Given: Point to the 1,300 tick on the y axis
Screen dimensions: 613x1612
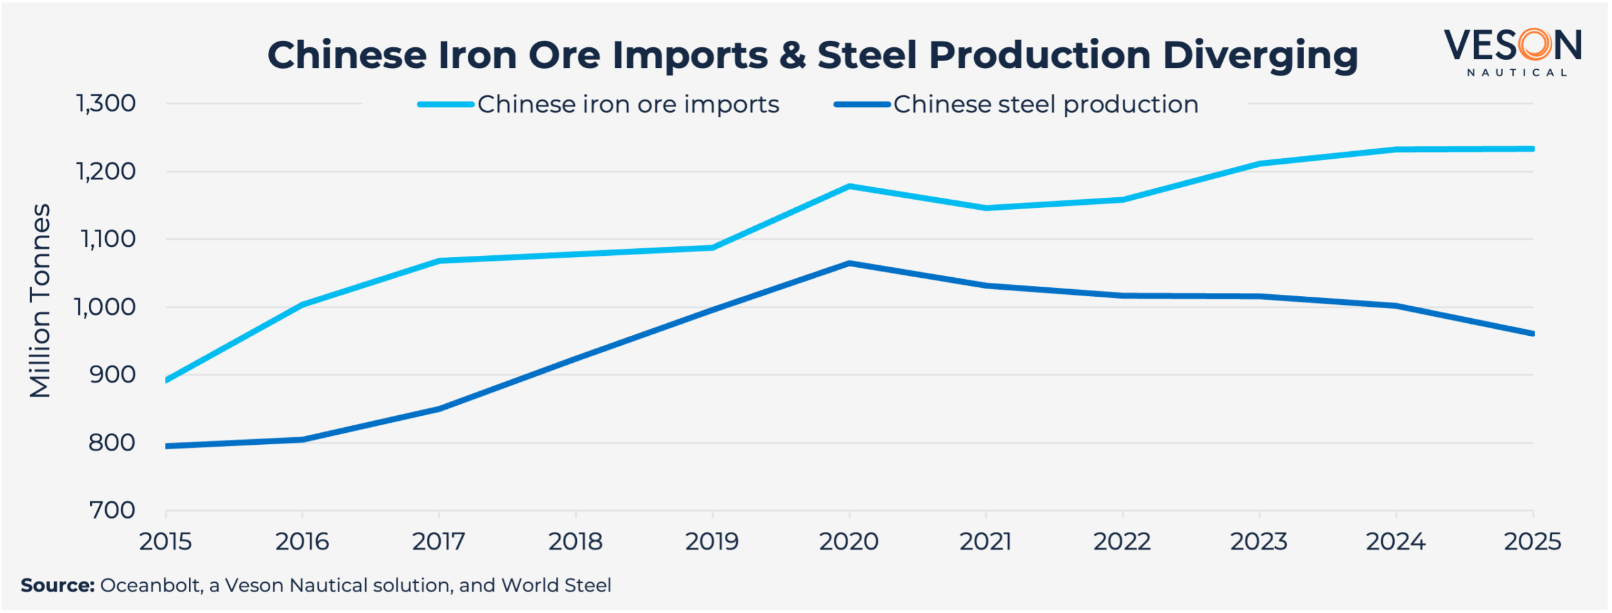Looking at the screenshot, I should point(106,103).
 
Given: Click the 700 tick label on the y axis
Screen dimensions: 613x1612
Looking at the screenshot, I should point(112,510).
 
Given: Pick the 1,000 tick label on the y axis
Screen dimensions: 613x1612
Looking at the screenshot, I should point(105,307).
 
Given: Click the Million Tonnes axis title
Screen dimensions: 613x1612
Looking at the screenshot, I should point(40,301).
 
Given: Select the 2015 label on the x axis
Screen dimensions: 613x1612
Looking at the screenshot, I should point(165,542).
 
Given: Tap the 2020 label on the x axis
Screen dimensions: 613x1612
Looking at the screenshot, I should point(848,542).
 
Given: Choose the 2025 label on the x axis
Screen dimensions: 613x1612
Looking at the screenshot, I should point(1532,542).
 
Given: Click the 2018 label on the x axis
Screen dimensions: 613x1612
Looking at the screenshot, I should point(575,542).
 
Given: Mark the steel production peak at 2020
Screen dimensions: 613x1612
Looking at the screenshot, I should point(849,263).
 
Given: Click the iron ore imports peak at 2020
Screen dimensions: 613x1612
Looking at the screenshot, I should point(849,186).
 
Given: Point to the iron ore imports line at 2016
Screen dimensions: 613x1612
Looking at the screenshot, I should point(302,305).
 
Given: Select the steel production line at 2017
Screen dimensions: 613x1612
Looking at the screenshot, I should point(439,409).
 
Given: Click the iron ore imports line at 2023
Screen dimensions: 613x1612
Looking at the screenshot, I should point(1259,164).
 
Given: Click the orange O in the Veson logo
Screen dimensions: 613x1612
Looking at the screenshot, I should point(1535,45).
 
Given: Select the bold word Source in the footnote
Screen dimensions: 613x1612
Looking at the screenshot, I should point(57,585).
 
